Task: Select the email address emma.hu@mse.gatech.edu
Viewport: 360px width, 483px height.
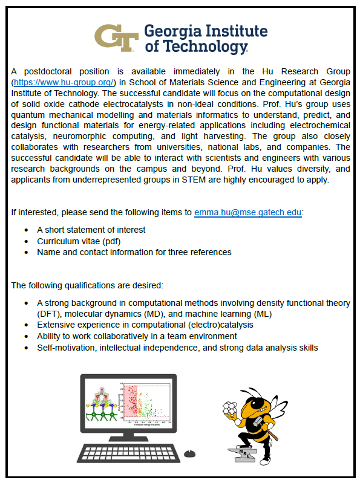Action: [x=248, y=212]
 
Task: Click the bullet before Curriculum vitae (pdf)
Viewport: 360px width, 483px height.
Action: [x=25, y=241]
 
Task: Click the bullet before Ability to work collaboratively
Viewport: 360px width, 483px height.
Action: [x=25, y=336]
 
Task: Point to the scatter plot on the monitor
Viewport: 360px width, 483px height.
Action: [x=143, y=400]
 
